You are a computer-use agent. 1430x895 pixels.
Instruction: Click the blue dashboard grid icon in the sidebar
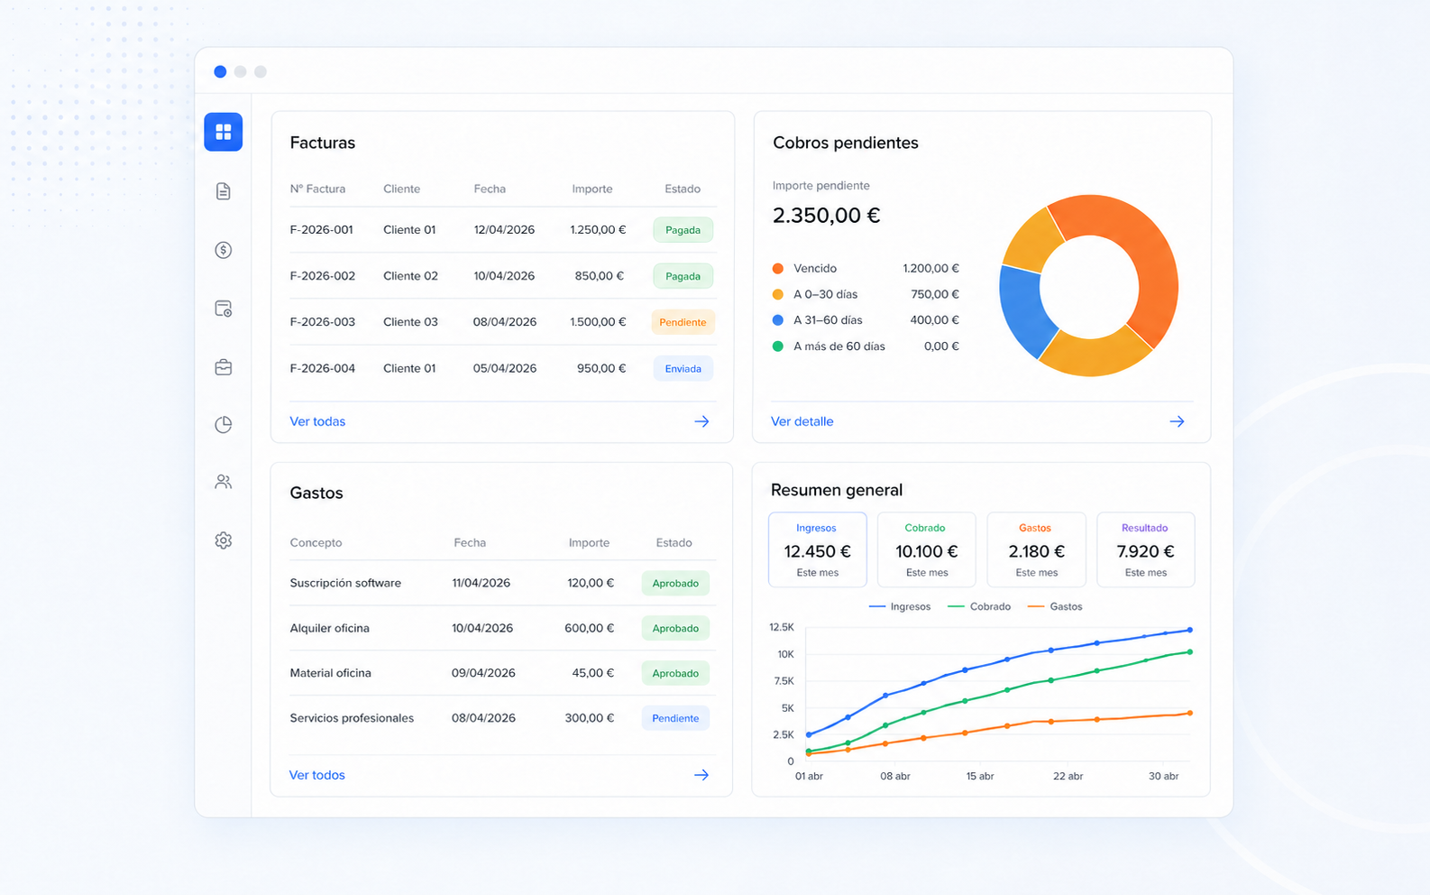(x=223, y=132)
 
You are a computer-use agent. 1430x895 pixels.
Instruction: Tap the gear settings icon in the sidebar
(x=223, y=540)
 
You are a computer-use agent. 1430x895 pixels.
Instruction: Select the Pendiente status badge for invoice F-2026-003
(x=683, y=322)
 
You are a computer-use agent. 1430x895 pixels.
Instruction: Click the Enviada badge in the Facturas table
(x=683, y=369)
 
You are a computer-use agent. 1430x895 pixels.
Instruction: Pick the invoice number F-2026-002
(x=323, y=276)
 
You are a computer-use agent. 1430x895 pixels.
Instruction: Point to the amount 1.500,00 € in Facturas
(x=598, y=322)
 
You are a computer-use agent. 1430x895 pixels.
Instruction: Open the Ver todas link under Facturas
(x=317, y=421)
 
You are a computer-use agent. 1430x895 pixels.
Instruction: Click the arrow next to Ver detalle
(x=1177, y=421)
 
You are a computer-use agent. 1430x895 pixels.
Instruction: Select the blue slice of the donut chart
(x=1024, y=309)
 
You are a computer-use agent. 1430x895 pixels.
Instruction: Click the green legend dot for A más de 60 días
(x=777, y=346)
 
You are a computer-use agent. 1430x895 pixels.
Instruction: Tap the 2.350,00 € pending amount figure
(x=826, y=216)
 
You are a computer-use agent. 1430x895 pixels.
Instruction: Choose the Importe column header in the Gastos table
(x=589, y=542)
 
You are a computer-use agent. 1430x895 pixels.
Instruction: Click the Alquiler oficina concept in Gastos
(x=329, y=628)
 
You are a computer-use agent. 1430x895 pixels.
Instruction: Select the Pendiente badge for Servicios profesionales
(x=674, y=718)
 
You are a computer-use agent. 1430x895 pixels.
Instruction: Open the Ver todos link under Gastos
(x=316, y=775)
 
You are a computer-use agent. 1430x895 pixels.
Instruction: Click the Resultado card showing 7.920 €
(x=1145, y=549)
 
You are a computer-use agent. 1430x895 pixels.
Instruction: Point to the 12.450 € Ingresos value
(x=817, y=551)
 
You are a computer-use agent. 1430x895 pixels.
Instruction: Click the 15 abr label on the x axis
(x=979, y=776)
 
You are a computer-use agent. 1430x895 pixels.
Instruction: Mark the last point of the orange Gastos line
(x=1189, y=713)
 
